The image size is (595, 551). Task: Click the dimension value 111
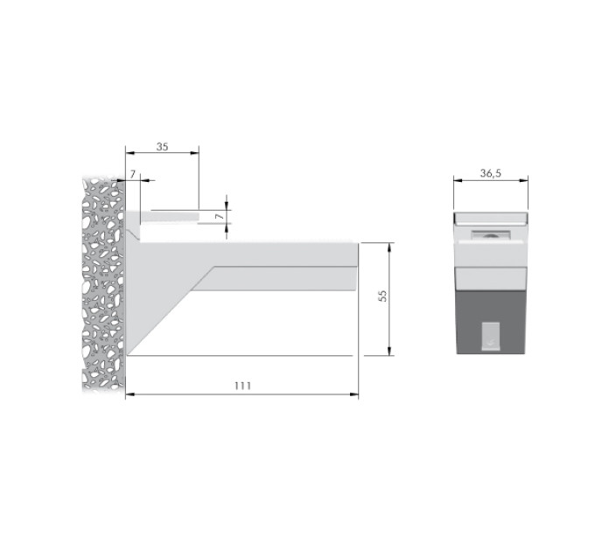tap(242, 386)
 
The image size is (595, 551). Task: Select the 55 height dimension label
tap(383, 296)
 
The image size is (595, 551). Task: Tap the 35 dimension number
tap(162, 147)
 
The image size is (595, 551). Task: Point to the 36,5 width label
tap(491, 173)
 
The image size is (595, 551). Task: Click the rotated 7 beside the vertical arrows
tap(220, 217)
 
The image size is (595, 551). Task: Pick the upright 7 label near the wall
tap(133, 174)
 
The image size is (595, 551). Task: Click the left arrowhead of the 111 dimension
tap(129, 394)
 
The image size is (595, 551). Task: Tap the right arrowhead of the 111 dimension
tap(354, 394)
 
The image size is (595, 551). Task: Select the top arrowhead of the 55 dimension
tap(389, 248)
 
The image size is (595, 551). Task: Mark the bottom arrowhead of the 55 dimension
tap(389, 352)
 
